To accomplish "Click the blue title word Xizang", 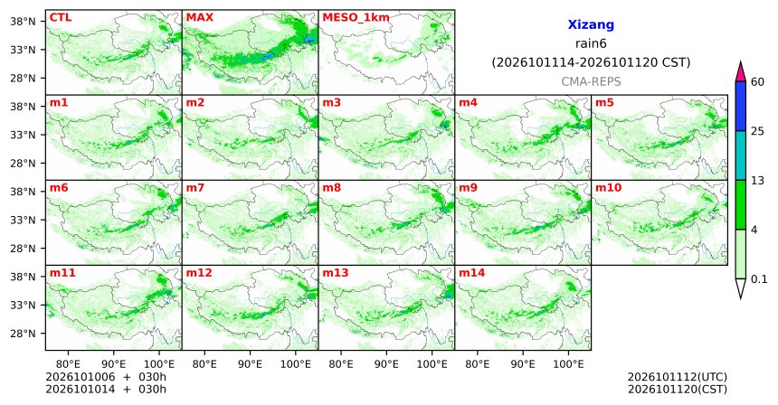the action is click(x=591, y=24).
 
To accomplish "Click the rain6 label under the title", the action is click(x=591, y=43).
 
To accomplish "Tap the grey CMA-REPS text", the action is click(x=591, y=81).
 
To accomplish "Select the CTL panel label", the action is click(x=61, y=17).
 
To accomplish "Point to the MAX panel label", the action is click(x=199, y=17).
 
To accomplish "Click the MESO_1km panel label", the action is click(x=356, y=18).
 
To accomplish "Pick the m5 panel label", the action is click(x=604, y=103).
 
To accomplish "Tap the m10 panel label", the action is click(x=608, y=188).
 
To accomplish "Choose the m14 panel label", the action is click(x=471, y=273).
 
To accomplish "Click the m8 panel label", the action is click(x=331, y=188).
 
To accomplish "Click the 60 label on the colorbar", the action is click(x=757, y=81).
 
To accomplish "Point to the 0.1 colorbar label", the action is click(x=759, y=279).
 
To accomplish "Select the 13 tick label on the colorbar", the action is click(x=757, y=181).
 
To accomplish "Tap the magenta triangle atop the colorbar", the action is click(x=741, y=71).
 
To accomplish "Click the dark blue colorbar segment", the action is click(x=741, y=106).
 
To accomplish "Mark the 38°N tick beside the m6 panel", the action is click(x=23, y=192).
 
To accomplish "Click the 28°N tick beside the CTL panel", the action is click(x=23, y=79).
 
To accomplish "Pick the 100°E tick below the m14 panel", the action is click(x=568, y=364).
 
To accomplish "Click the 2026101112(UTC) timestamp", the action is click(x=678, y=378).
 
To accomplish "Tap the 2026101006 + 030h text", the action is click(x=106, y=378).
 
